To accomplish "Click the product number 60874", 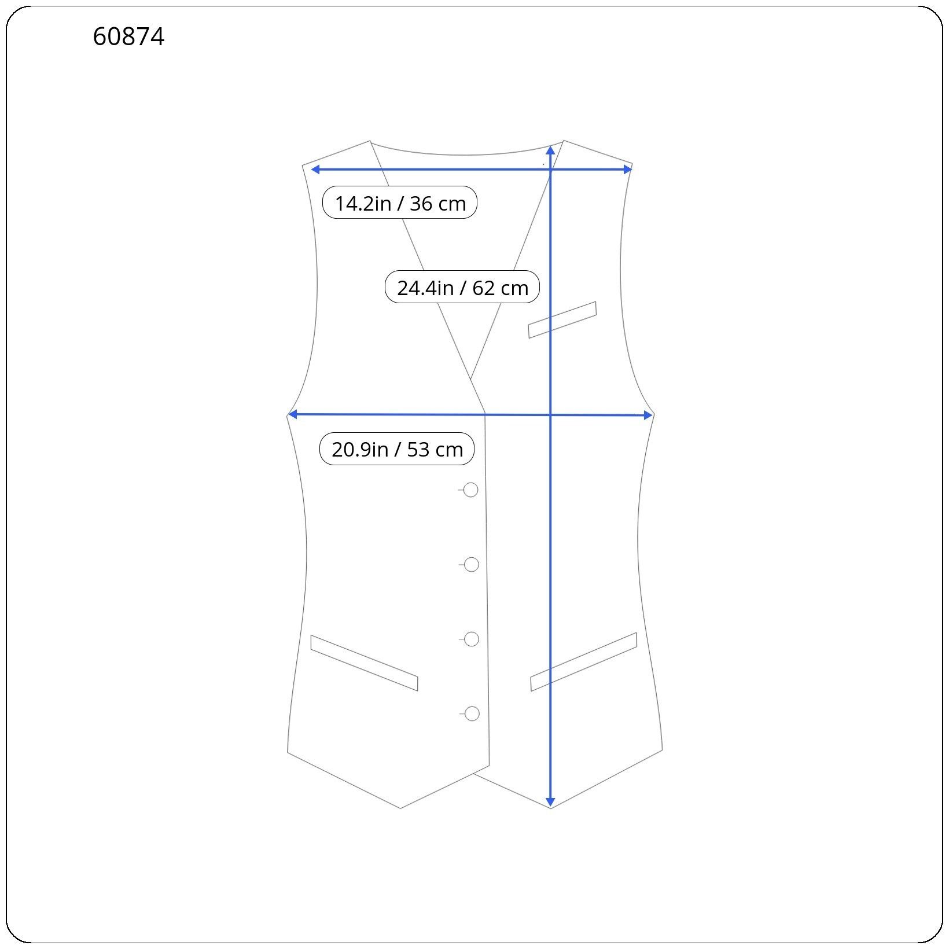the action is tap(128, 37).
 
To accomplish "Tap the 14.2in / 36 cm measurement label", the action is tap(400, 203).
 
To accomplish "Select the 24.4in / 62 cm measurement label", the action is tap(462, 287).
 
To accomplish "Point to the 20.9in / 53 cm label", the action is tap(397, 449).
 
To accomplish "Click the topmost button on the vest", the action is tap(471, 490).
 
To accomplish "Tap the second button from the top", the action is tap(472, 565).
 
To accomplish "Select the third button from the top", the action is tap(472, 639).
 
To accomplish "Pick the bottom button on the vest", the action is tap(472, 714).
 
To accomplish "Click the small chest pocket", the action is tap(562, 320).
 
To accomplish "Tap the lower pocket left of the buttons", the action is tap(364, 663).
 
